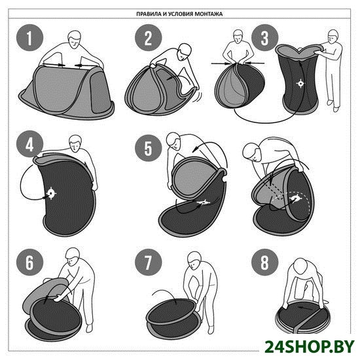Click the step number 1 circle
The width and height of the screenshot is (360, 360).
pyautogui.click(x=29, y=38)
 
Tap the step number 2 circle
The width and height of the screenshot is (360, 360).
pyautogui.click(x=149, y=38)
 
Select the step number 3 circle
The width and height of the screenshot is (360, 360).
pyautogui.click(x=264, y=38)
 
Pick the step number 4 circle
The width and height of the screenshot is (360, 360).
pyautogui.click(x=29, y=144)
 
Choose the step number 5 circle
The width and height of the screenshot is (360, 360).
pyautogui.click(x=149, y=148)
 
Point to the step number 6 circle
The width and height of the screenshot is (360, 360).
pyautogui.click(x=29, y=262)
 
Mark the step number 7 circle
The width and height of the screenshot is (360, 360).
pyautogui.click(x=149, y=262)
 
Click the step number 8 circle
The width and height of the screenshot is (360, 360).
pyautogui.click(x=264, y=262)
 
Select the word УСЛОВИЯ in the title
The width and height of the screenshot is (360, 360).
pyautogui.click(x=181, y=14)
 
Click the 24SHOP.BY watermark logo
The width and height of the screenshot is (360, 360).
pyautogui.click(x=310, y=346)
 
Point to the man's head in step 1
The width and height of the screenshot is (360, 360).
pyautogui.click(x=75, y=39)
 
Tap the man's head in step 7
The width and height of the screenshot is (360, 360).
pyautogui.click(x=194, y=261)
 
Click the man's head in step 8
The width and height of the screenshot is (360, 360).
pyautogui.click(x=302, y=266)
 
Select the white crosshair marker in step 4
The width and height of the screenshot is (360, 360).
pyautogui.click(x=51, y=193)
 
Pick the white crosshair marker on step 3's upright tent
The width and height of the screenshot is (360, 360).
pyautogui.click(x=300, y=83)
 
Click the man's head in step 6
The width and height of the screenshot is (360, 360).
pyautogui.click(x=72, y=257)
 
